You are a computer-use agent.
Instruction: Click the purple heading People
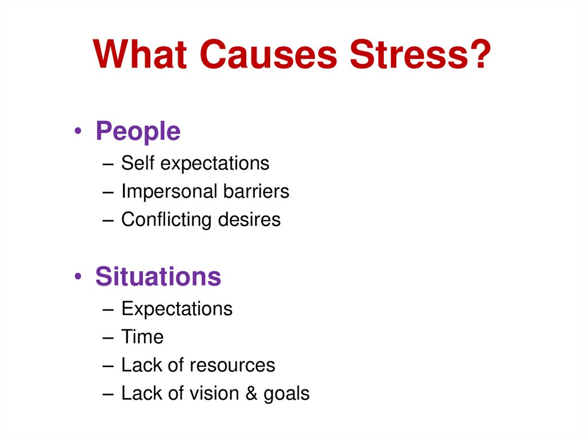[x=138, y=132]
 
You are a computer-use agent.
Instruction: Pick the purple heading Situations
[x=158, y=277]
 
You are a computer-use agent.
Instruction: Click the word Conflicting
[x=170, y=220]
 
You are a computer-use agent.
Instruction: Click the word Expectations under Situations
[x=177, y=309]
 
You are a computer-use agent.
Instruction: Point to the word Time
[x=142, y=337]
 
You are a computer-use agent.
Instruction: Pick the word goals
[x=286, y=394]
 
